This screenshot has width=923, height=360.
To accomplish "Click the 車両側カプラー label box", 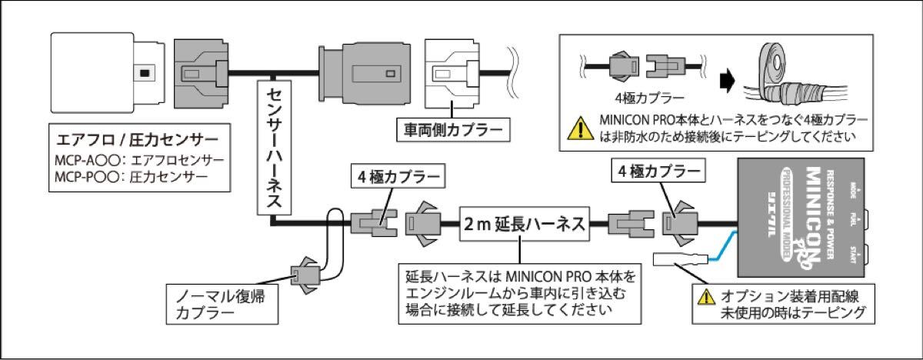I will tap(452, 128).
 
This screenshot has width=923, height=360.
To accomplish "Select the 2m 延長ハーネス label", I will tap(523, 225).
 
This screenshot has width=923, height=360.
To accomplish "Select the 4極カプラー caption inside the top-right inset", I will tap(639, 99).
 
